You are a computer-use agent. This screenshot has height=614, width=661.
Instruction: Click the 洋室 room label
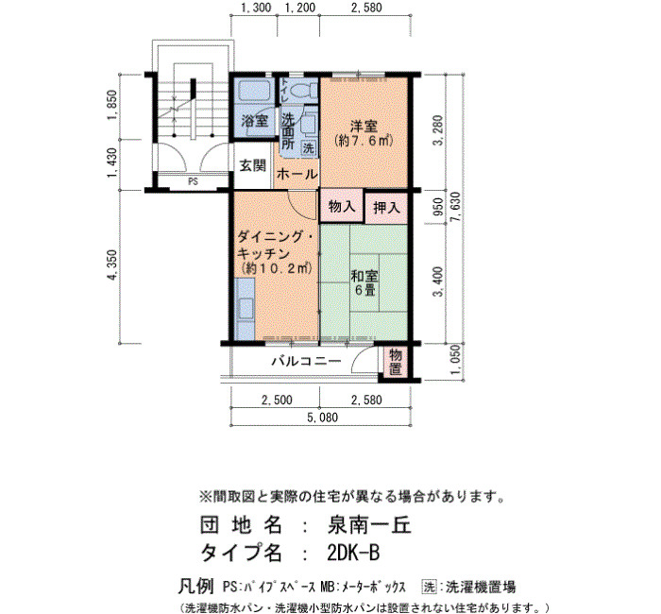point(364,126)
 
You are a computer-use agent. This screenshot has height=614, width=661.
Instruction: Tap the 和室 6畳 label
point(364,283)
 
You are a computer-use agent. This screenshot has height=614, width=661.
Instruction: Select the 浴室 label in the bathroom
point(254,122)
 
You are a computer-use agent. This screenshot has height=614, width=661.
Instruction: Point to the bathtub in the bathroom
point(253,91)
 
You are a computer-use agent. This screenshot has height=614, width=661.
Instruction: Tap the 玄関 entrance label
point(253,165)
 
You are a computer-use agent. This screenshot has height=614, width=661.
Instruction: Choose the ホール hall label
point(297,174)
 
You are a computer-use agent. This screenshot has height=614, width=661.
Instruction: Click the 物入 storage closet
point(341,206)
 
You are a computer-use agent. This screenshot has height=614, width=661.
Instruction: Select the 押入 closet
point(386,208)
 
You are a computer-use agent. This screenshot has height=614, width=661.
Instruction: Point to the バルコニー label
point(307,362)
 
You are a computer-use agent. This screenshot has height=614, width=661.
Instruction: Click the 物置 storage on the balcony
point(396,362)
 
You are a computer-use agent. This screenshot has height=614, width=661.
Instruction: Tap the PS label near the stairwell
point(193,182)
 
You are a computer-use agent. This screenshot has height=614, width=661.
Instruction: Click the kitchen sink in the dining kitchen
point(244,308)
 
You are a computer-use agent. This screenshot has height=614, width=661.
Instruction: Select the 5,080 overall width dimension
point(323,418)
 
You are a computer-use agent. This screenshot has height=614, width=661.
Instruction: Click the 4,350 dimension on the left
point(112,265)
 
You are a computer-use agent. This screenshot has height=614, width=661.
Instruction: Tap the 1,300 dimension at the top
point(256,8)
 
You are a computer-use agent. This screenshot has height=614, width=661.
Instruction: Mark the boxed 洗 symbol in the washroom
point(309,148)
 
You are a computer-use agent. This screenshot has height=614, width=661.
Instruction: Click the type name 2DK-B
point(353,553)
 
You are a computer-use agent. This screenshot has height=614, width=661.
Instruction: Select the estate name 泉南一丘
point(369,525)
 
